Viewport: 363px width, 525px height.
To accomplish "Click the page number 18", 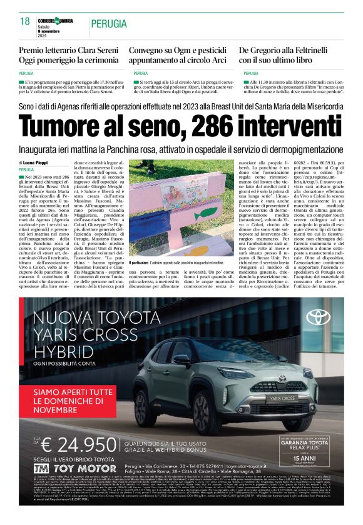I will tap(24, 21).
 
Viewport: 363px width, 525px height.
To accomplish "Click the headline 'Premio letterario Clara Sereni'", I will tap(68, 50).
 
